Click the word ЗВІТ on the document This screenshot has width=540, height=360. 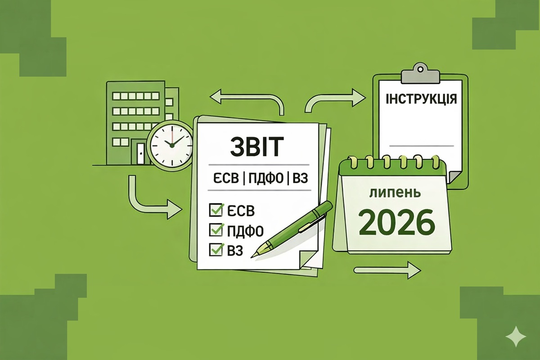click(256, 147)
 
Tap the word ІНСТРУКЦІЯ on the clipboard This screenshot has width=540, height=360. click(421, 99)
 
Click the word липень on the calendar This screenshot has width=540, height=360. click(396, 193)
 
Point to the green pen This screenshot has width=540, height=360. click(292, 229)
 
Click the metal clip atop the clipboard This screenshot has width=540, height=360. click(420, 73)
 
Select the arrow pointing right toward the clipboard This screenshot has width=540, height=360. click(336, 99)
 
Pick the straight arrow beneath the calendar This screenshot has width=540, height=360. click(387, 270)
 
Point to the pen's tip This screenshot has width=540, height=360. click(252, 257)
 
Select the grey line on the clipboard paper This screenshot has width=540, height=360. click(421, 146)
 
